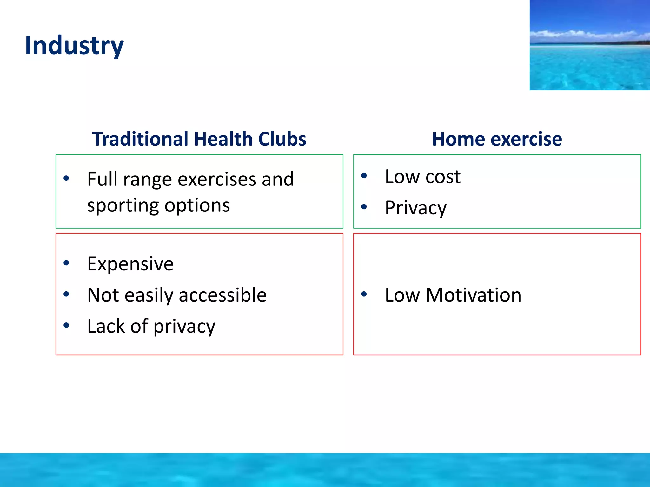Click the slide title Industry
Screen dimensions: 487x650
(74, 46)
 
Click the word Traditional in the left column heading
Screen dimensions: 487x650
(140, 139)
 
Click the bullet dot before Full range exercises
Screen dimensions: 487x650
(66, 178)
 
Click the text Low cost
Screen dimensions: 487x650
(422, 177)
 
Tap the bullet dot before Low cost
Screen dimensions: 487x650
(364, 176)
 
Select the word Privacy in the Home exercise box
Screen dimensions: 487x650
(415, 208)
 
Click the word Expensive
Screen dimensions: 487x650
(130, 264)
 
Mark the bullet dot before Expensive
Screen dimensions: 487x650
(66, 263)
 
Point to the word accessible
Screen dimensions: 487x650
(222, 295)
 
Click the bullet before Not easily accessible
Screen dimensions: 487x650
(66, 294)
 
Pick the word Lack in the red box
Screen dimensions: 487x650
(106, 326)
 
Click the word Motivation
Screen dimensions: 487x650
(473, 295)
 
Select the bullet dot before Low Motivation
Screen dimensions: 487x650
(364, 294)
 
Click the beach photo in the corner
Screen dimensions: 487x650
(589, 45)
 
